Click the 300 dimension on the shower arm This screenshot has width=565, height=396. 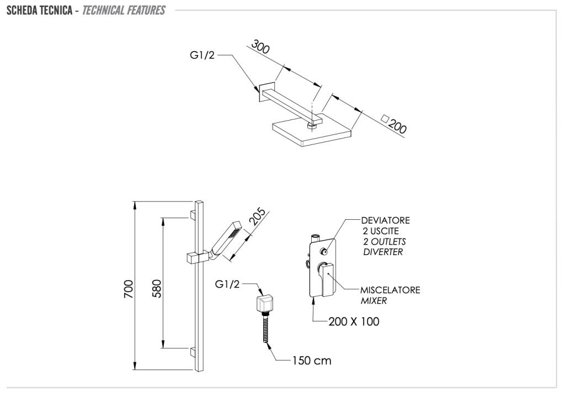click(x=260, y=47)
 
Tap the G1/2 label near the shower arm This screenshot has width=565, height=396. click(x=202, y=55)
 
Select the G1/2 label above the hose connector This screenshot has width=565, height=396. click(x=227, y=284)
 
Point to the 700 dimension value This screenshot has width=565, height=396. click(x=128, y=289)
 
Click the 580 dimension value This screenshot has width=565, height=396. click(x=156, y=289)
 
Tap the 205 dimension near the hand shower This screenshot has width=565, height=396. click(x=258, y=218)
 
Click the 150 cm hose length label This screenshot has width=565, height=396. click(x=312, y=361)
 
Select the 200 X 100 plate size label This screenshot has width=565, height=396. click(x=354, y=322)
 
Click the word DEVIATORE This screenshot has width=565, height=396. click(x=386, y=221)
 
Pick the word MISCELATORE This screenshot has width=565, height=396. click(x=390, y=290)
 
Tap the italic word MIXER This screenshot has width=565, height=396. click(x=374, y=301)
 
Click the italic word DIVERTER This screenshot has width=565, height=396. click(x=383, y=252)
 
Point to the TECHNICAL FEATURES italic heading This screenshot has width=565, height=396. click(x=123, y=10)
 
